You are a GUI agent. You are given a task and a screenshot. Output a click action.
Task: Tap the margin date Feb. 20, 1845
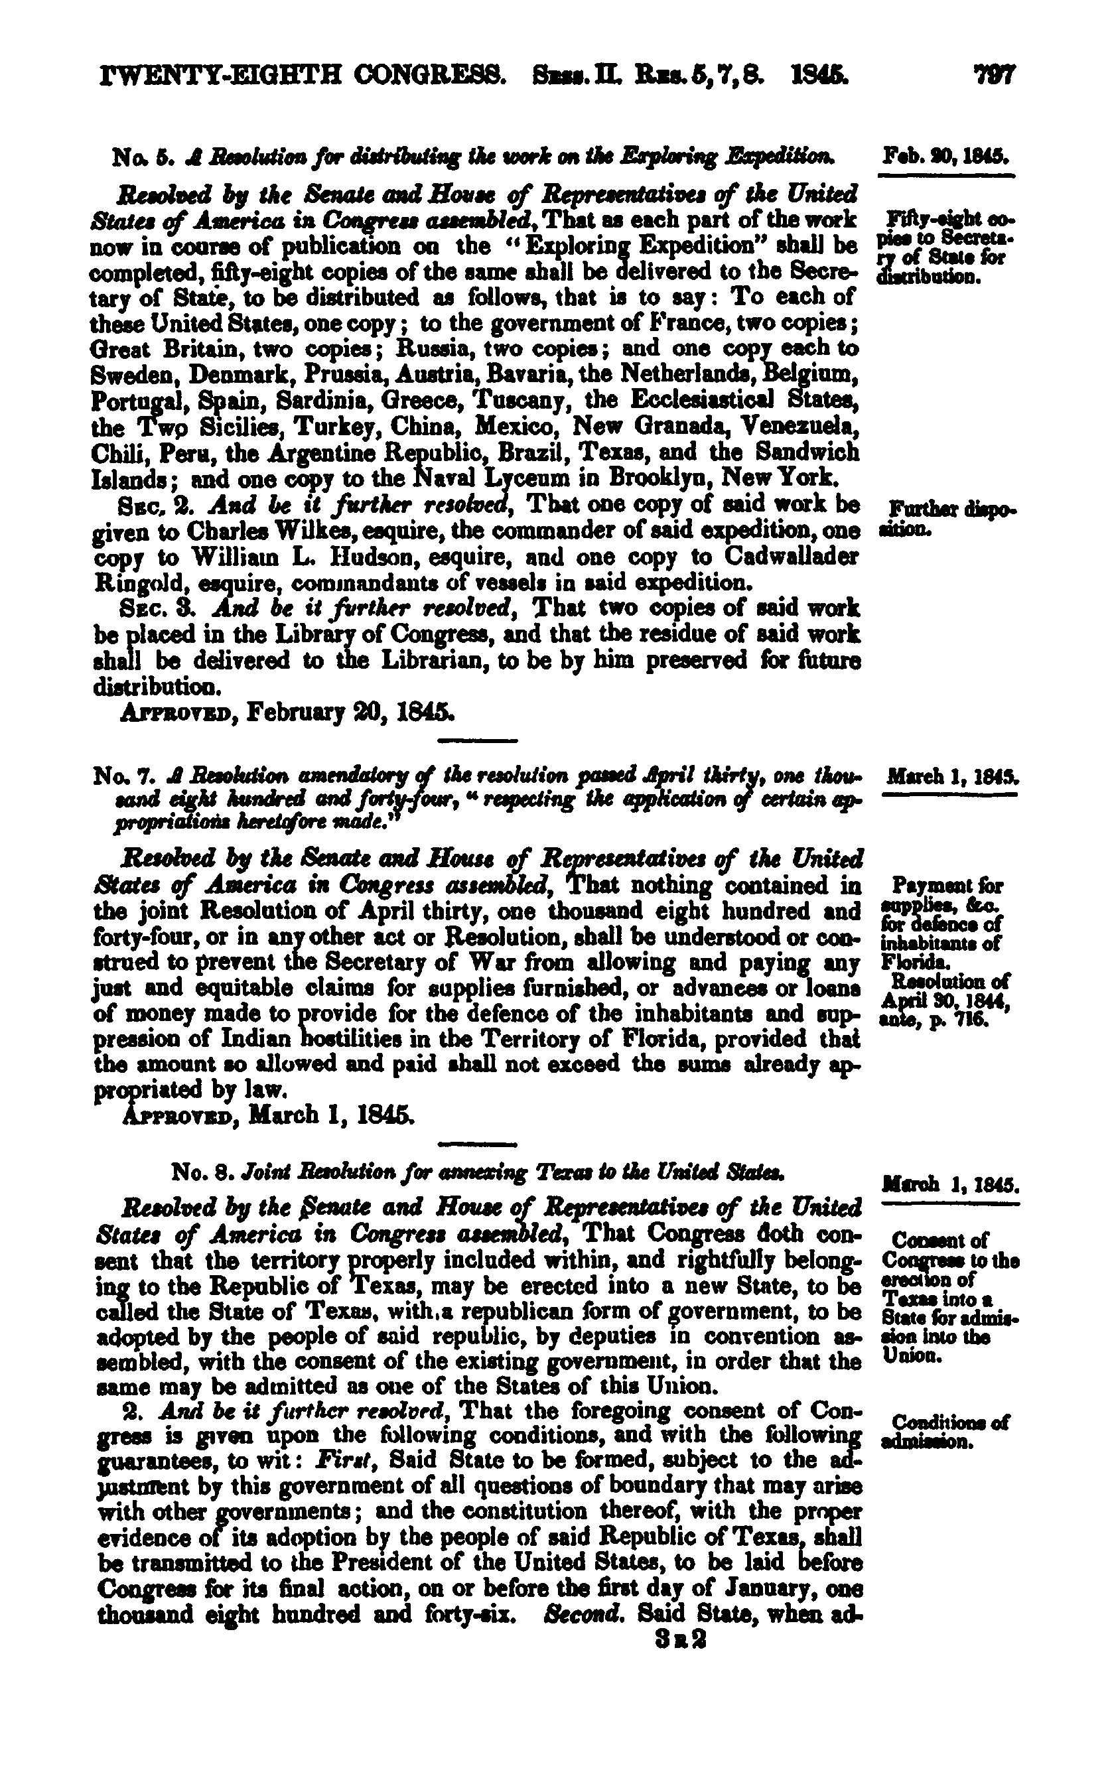pos(946,157)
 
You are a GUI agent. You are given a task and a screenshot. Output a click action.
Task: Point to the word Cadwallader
pos(790,557)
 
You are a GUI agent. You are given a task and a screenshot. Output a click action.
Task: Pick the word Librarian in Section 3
pos(435,661)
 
